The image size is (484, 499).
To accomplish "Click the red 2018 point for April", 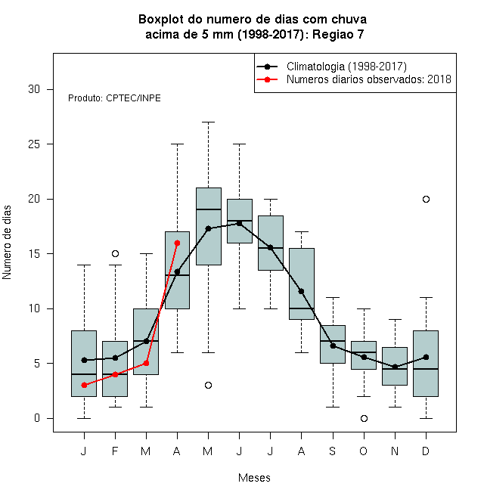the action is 178,243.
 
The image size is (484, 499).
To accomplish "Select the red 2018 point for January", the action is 84,385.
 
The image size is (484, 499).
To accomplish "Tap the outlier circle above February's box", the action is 115,253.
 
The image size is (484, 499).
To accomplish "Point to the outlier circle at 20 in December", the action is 426,199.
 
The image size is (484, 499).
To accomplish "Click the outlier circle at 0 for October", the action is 364,418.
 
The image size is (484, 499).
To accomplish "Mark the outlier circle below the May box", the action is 208,385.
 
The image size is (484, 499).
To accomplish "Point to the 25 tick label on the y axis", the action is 34,144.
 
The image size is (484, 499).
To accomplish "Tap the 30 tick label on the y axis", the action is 34,89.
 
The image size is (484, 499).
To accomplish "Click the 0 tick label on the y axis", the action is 37,418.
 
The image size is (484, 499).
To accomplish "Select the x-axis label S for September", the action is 333,451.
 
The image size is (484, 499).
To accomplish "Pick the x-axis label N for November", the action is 395,451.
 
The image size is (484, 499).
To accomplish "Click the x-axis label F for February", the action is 115,451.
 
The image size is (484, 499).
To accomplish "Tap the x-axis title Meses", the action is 254,478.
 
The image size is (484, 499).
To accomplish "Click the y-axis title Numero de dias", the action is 7,243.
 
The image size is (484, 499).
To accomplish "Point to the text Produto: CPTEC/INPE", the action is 114,98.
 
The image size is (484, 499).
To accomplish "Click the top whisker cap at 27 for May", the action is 208,122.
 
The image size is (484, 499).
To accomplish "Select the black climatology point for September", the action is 333,346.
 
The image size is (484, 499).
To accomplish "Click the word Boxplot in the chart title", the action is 161,20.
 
